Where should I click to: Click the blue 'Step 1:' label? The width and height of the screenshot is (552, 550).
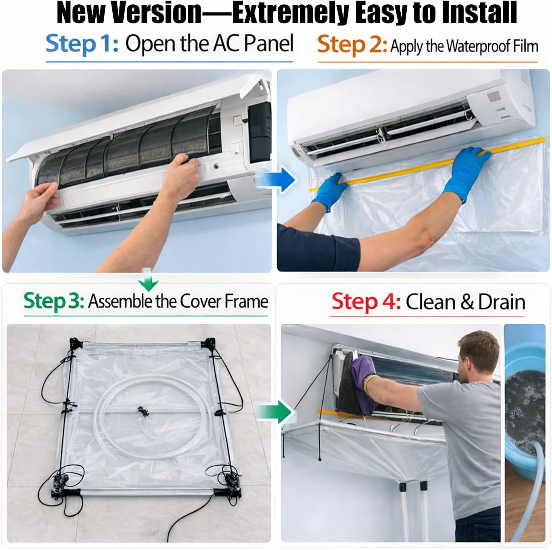82,44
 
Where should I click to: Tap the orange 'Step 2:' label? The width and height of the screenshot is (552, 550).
352,46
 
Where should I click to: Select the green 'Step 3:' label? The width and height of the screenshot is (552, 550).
54,301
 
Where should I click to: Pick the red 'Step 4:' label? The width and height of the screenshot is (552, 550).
366,302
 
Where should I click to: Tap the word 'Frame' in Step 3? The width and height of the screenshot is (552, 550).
246,301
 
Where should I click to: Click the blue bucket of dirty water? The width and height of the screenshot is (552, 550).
524,405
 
